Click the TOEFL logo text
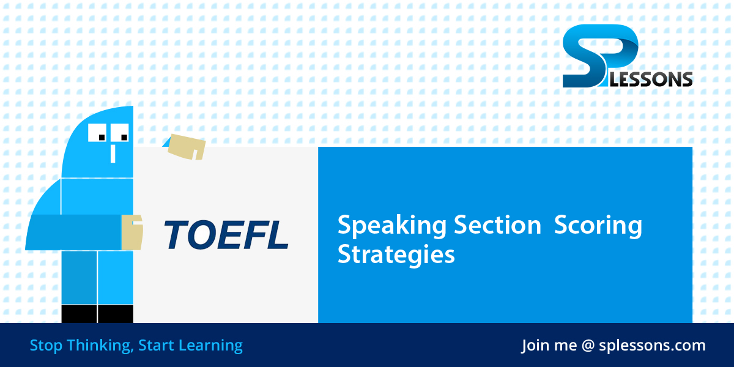pyautogui.click(x=226, y=234)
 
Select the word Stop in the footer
pyautogui.click(x=46, y=346)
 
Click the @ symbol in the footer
pyautogui.click(x=588, y=346)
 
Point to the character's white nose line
pyautogui.click(x=113, y=153)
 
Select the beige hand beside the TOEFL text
pyautogui.click(x=132, y=232)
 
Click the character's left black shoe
pyautogui.click(x=79, y=314)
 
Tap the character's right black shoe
pyautogui.click(x=115, y=314)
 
